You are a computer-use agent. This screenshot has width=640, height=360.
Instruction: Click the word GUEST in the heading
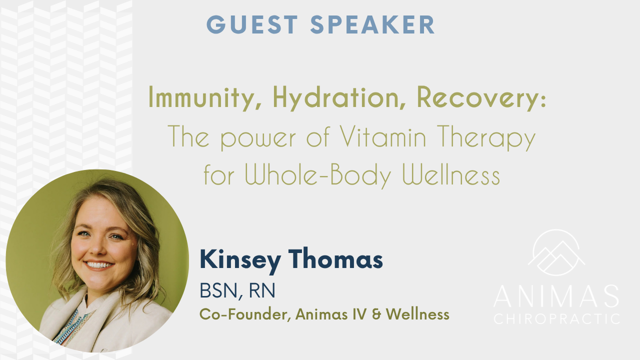click(252, 24)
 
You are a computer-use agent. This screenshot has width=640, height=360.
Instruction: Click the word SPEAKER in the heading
click(372, 24)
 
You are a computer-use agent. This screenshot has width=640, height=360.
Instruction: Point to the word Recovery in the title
click(478, 97)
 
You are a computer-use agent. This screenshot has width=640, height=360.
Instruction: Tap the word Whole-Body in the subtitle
click(317, 175)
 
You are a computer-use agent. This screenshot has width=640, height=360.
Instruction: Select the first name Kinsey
click(240, 260)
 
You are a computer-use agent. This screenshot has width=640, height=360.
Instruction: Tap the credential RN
click(262, 290)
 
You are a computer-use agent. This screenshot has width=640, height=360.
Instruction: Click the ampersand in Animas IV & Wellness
click(376, 314)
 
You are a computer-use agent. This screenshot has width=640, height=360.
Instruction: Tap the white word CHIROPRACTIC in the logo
click(556, 319)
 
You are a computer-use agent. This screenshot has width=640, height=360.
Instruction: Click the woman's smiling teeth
click(98, 265)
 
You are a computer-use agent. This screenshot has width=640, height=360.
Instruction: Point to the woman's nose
click(98, 247)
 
